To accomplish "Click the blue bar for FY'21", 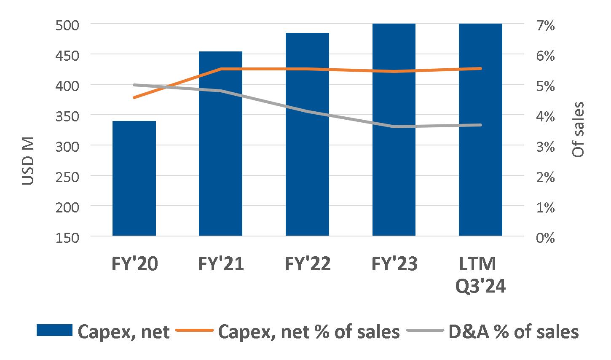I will (220, 143).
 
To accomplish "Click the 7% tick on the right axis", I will (545, 25).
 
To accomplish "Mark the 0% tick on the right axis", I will (545, 237).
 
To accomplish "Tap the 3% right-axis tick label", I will (545, 146).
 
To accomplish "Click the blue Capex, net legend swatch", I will (54, 331).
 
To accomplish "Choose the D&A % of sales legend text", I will (512, 332).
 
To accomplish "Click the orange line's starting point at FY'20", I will (134, 97).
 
